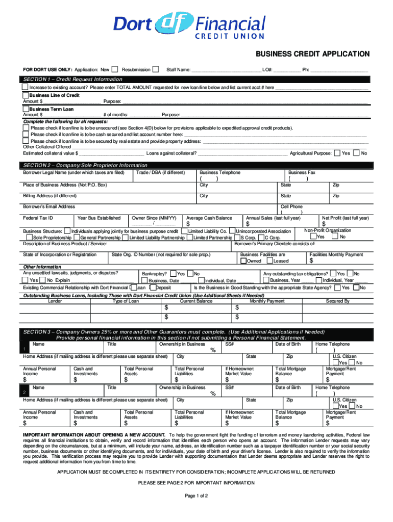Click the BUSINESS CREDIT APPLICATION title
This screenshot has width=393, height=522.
click(x=313, y=54)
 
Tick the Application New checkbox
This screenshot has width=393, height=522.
click(x=115, y=69)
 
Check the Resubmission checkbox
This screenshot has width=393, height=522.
click(x=156, y=69)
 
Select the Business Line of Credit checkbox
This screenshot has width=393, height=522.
click(x=26, y=95)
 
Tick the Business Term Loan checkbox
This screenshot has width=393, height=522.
click(x=26, y=109)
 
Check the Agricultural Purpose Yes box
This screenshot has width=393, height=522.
click(x=338, y=153)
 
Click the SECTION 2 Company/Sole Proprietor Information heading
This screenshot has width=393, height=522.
click(x=86, y=166)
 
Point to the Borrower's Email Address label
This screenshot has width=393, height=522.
click(x=49, y=207)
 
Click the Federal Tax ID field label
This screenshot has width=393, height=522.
click(x=38, y=218)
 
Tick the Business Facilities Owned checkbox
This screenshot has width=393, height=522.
click(x=243, y=261)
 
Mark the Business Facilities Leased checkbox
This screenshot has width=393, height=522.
click(x=271, y=261)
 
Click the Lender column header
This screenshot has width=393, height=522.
click(x=55, y=301)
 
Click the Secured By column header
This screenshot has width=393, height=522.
click(x=338, y=301)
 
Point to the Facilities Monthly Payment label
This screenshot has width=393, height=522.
click(x=336, y=254)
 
